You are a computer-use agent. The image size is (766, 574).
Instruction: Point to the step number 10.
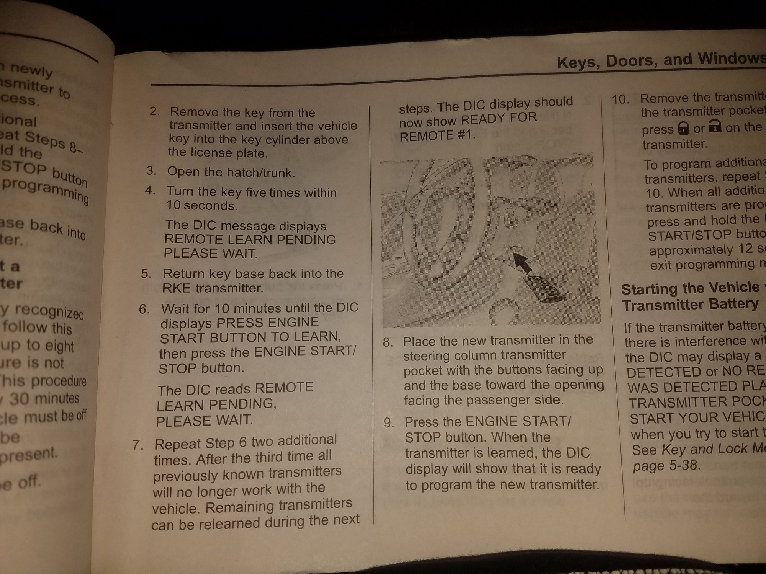(x=620, y=99)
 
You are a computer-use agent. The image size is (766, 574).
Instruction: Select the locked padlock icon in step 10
(x=683, y=129)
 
